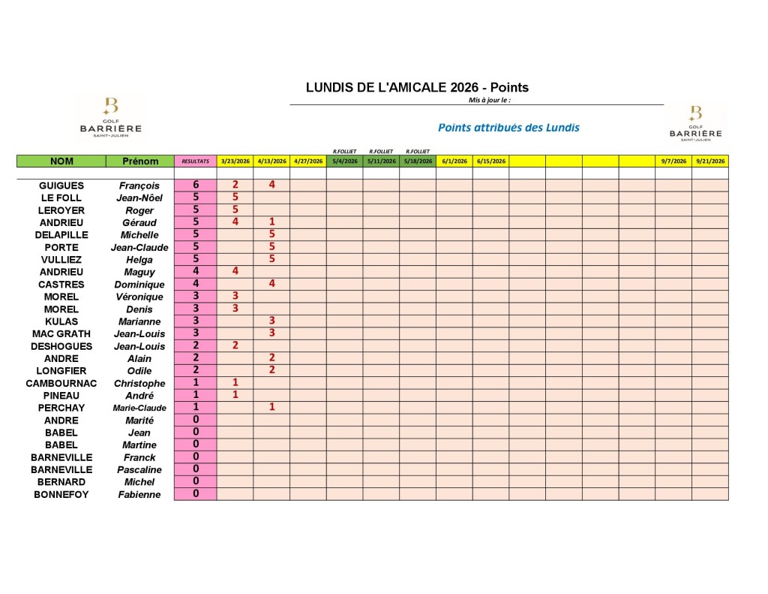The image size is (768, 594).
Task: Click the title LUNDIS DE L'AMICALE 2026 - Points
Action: pos(417,87)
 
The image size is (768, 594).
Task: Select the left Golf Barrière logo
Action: pos(110,119)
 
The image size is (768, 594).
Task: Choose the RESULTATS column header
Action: pos(195,161)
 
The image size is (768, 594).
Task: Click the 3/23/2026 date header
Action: pos(235,161)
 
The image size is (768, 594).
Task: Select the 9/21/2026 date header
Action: pos(709,161)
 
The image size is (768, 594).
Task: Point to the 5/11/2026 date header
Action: pos(381,161)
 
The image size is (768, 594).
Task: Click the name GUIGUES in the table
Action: pos(61,185)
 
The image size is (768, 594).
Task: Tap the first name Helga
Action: pos(139,260)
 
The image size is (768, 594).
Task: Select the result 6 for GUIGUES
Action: pos(196,185)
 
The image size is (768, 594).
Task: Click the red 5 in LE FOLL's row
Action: pos(235,197)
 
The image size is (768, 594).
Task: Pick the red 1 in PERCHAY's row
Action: pos(271,407)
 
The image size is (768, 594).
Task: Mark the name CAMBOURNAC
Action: pos(61,383)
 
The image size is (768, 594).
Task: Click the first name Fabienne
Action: pos(139,494)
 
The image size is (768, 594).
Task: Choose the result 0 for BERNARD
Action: pos(196,481)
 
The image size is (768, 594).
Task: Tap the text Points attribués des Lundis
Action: pos(508,128)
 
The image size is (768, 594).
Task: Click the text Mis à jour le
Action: pos(489,100)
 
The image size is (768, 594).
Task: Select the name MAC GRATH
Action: pos(61,333)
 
